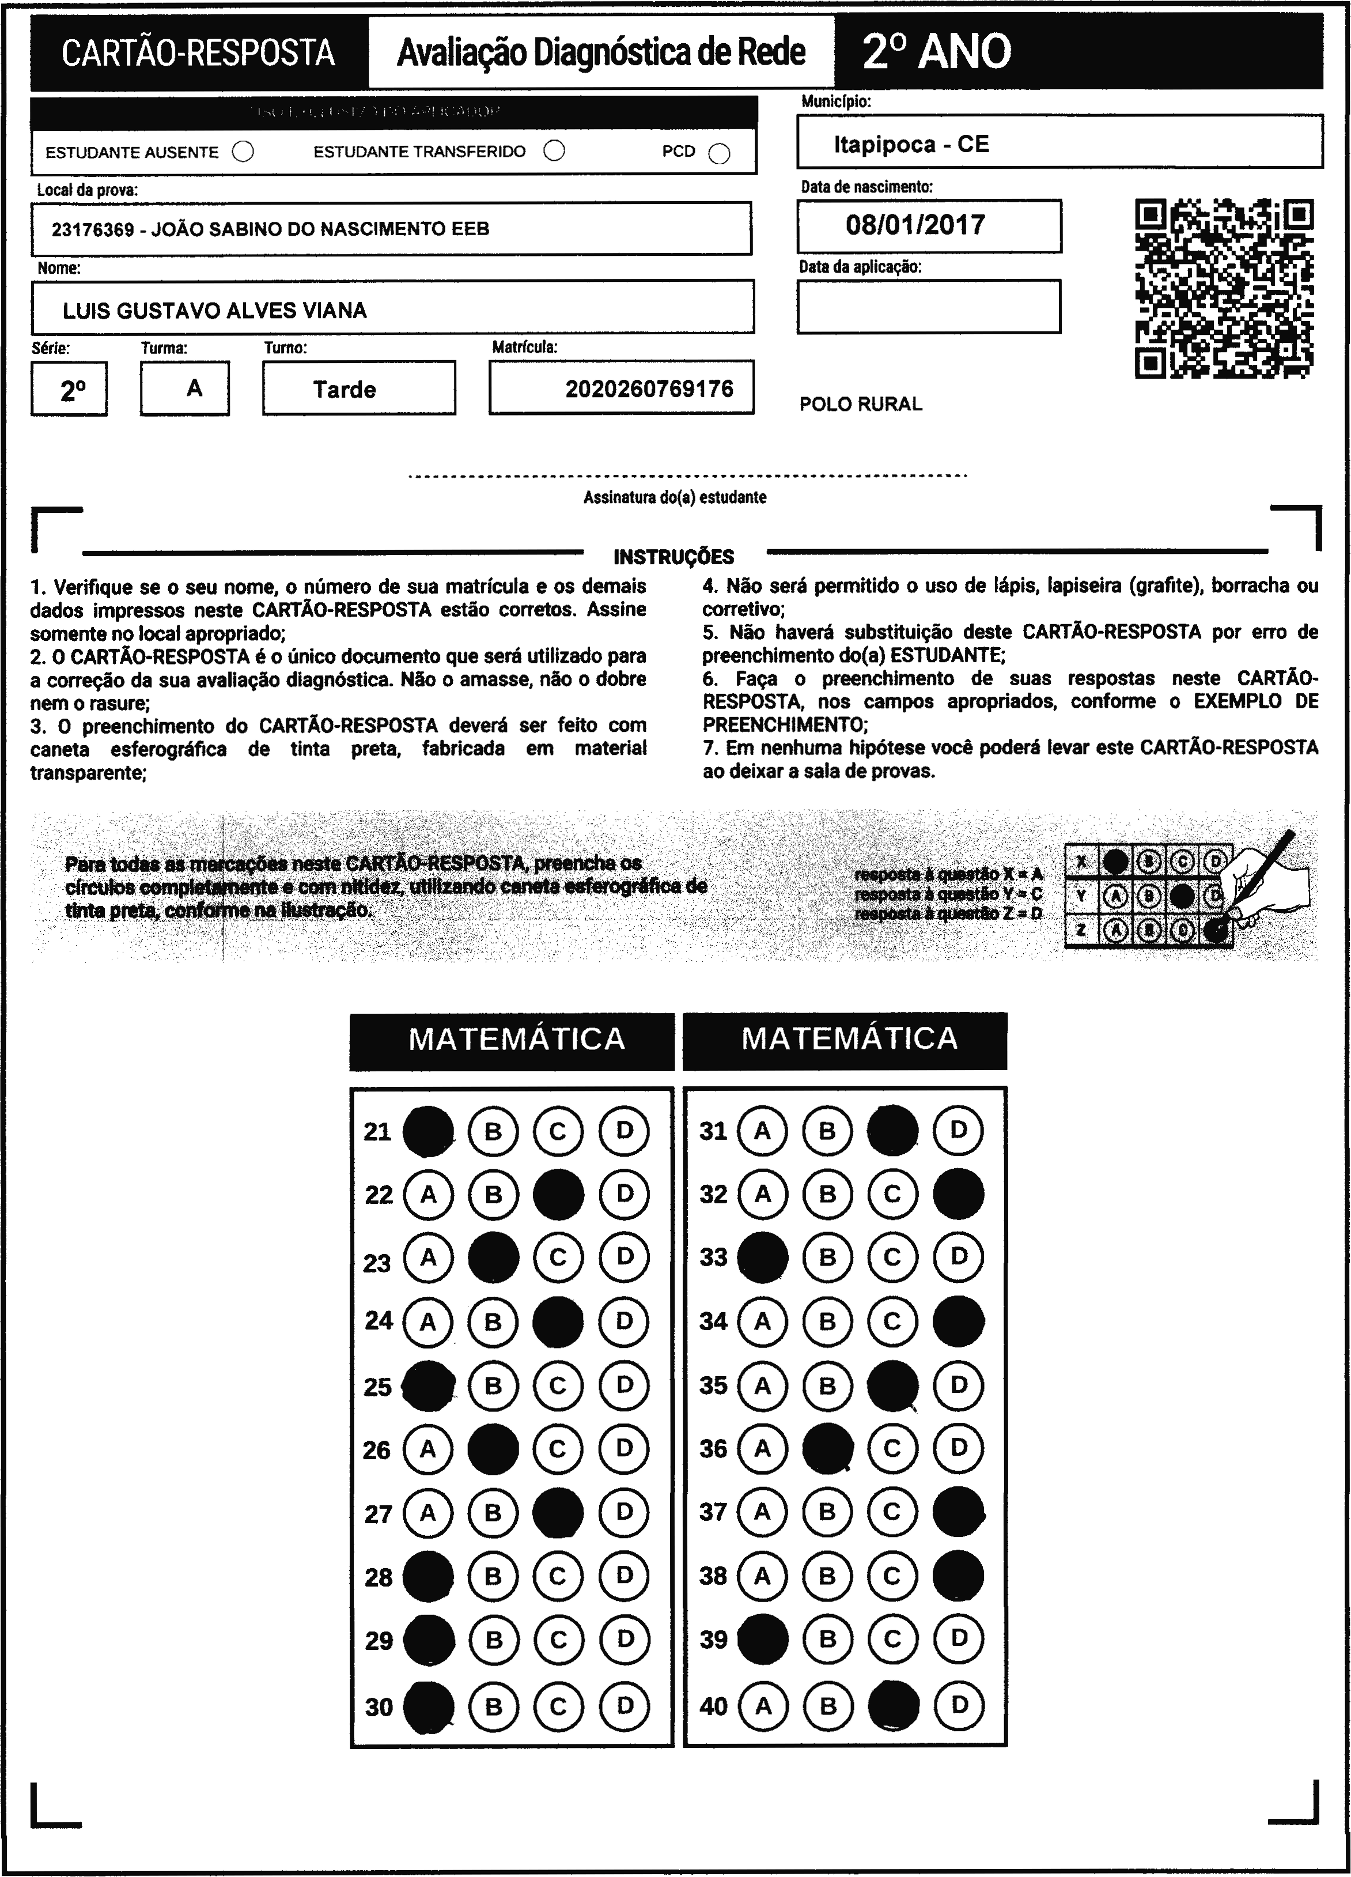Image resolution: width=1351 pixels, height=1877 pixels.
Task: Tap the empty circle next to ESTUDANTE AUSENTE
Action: (x=243, y=152)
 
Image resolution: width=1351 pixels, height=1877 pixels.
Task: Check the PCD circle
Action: (x=720, y=154)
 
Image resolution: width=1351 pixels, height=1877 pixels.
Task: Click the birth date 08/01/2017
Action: (x=915, y=225)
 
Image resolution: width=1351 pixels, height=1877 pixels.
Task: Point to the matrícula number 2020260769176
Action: (x=649, y=389)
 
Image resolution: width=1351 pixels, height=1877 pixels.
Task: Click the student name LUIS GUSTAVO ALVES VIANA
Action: (x=215, y=311)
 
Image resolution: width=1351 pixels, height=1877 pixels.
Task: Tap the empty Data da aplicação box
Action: (x=928, y=306)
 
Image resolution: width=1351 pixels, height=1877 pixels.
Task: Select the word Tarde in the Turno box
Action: (x=344, y=390)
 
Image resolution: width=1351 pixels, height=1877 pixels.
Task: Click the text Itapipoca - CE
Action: (x=911, y=145)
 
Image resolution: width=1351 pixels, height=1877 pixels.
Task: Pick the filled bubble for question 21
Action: (x=427, y=1131)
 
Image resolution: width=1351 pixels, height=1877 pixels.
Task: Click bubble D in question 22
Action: (x=625, y=1194)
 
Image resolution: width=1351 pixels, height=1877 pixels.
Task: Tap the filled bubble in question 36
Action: (x=827, y=1448)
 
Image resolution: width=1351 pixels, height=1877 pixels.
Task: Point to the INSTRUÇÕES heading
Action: (x=673, y=557)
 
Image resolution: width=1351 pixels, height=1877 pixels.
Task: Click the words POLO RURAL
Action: (x=860, y=405)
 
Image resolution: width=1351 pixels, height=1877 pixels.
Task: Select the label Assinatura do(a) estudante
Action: (x=674, y=497)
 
